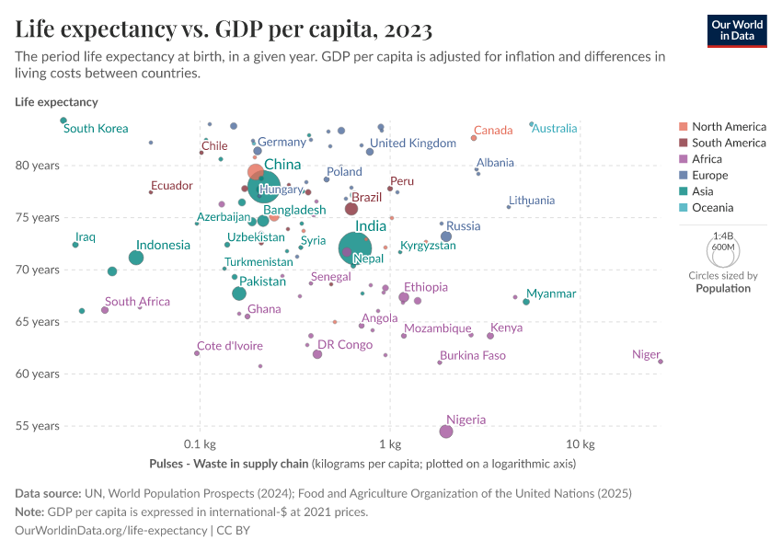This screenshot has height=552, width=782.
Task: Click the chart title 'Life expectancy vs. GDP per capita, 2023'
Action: (x=224, y=29)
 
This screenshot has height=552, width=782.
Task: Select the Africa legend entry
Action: (x=707, y=159)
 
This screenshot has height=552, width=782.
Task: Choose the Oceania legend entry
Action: (x=712, y=208)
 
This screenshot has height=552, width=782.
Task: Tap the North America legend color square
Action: (x=682, y=127)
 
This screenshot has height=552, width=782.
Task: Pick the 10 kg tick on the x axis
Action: (x=580, y=444)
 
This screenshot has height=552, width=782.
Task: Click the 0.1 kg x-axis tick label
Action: (x=199, y=444)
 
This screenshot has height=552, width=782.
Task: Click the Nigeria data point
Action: (x=446, y=431)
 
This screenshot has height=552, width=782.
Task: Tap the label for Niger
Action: (x=646, y=355)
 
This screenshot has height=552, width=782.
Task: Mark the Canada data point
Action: (x=474, y=138)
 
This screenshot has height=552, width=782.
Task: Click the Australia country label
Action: (x=555, y=129)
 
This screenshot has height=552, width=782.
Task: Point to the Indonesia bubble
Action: (x=136, y=258)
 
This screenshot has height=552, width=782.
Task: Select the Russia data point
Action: (x=446, y=236)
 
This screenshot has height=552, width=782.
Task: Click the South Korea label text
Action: (x=96, y=129)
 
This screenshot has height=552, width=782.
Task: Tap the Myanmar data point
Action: (x=526, y=302)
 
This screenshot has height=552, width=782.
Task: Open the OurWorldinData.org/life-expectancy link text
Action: (x=111, y=531)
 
